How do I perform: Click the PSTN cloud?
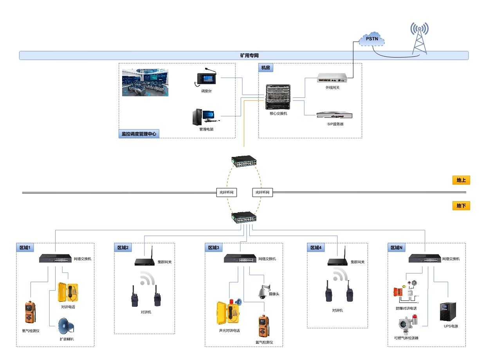[372, 39]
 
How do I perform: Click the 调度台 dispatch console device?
[206, 78]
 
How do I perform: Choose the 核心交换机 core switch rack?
[278, 97]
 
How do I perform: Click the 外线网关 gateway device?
[332, 78]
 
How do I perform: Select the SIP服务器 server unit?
[334, 115]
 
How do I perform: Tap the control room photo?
[145, 83]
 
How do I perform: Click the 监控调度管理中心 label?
[139, 134]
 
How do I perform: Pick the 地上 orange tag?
[461, 180]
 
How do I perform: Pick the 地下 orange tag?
[461, 206]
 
